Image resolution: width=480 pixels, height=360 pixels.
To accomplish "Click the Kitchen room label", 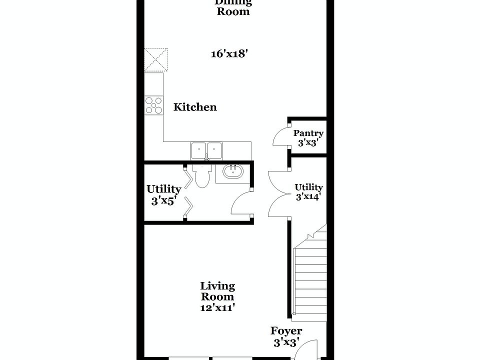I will click(x=195, y=107).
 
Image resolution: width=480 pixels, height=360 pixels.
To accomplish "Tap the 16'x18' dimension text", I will click(x=229, y=54).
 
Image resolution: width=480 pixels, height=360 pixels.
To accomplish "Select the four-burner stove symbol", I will click(x=154, y=105).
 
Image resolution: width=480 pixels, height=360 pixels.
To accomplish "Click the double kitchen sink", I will click(x=206, y=150).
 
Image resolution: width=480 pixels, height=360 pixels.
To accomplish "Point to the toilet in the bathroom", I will click(x=201, y=175).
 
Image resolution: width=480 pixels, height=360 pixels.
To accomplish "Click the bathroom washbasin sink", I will click(x=233, y=172).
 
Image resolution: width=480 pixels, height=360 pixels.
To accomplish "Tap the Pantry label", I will click(x=308, y=133).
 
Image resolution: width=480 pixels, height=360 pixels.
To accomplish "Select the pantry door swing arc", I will click(x=280, y=136).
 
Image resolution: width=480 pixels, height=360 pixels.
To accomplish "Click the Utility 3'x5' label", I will click(x=163, y=195).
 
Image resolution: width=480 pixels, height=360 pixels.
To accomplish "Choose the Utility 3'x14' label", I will click(x=308, y=192).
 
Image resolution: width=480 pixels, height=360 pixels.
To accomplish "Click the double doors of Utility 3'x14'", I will click(x=278, y=194).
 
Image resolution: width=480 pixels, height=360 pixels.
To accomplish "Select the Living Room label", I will click(x=217, y=291).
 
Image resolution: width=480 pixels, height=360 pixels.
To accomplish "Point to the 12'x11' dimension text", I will click(x=217, y=307).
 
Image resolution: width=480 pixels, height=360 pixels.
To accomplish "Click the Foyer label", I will click(x=286, y=331).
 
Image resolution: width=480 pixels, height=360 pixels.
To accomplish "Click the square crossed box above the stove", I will click(x=156, y=60).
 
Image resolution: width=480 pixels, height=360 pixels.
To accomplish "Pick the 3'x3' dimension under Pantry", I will click(x=308, y=142).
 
